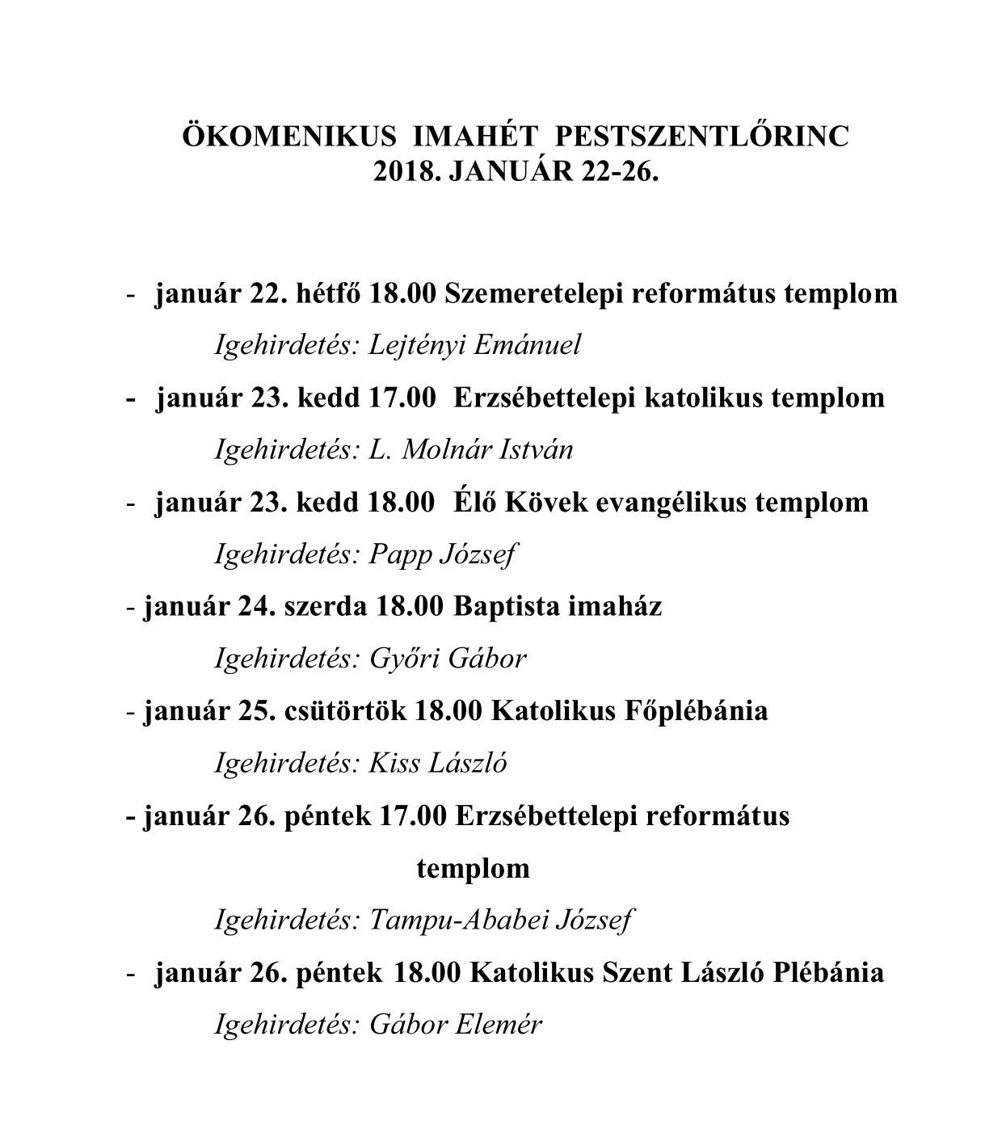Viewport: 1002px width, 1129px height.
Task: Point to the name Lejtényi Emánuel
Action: [474, 345]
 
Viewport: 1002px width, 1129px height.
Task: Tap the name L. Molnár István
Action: [470, 449]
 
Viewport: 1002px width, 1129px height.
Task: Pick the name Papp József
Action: [442, 554]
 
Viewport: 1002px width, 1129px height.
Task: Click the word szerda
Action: [326, 606]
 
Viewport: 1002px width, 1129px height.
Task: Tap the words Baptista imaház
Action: [558, 606]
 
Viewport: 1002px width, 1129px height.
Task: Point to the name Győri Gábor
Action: [447, 659]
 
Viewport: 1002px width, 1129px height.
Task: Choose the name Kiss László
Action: [437, 763]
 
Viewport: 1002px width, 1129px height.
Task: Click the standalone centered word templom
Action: [474, 869]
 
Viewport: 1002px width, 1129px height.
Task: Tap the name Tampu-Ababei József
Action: [501, 920]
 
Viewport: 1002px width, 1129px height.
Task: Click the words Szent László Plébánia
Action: [743, 972]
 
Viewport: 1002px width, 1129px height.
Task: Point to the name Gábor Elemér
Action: [455, 1025]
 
